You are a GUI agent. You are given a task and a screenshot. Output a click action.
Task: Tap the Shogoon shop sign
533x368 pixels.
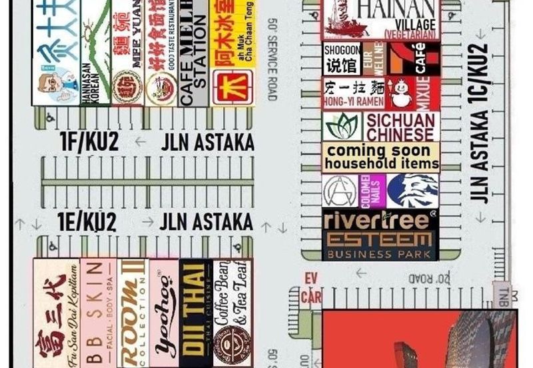[342, 59]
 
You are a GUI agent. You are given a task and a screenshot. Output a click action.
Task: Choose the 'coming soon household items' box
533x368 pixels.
[381, 157]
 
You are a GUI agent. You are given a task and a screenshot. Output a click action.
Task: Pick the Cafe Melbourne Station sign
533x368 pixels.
[194, 53]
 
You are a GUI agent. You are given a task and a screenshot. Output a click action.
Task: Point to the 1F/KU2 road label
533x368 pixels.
[89, 141]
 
